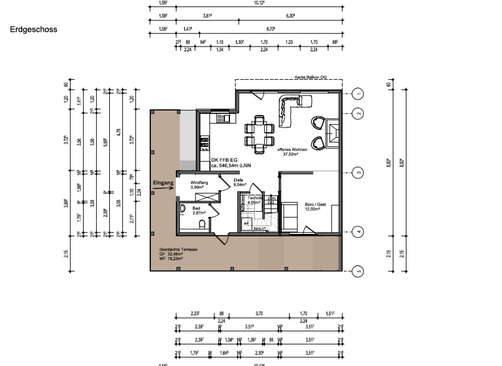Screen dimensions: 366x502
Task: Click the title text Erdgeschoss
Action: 33,29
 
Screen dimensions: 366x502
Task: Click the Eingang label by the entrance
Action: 163,183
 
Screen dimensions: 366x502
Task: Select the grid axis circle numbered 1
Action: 358,93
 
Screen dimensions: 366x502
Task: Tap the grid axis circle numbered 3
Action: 358,173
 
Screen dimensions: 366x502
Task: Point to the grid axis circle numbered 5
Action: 358,270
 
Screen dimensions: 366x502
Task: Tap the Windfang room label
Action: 199,185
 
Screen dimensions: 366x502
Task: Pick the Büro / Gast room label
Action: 316,208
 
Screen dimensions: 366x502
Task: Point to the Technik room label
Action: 255,200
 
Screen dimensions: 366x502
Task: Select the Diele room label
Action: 239,183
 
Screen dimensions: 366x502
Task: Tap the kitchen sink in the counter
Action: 222,118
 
